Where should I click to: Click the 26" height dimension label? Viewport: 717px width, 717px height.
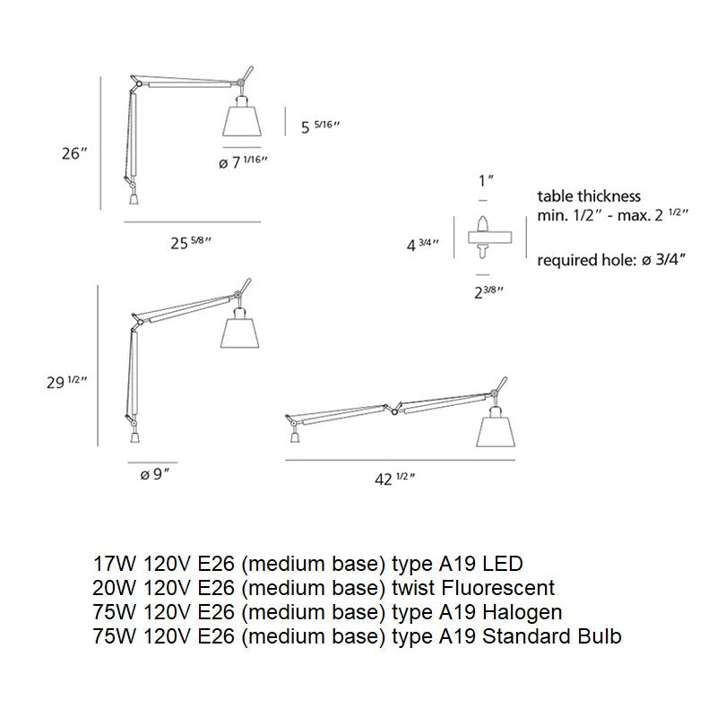73,153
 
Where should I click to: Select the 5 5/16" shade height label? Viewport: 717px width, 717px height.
321,127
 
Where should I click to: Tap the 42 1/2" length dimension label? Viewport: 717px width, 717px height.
392,479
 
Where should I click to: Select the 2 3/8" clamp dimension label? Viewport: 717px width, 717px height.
487,290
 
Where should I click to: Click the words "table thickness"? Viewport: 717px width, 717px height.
589,196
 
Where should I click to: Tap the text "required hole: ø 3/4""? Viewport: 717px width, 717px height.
611,261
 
